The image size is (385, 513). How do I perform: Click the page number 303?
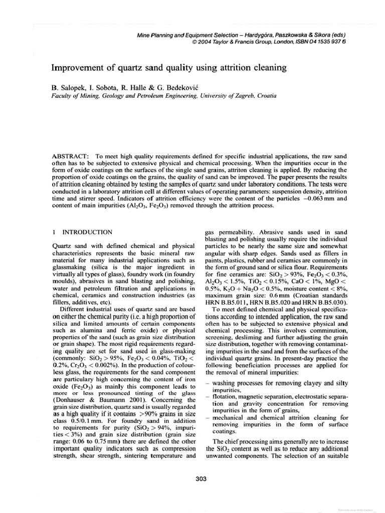tap(201, 479)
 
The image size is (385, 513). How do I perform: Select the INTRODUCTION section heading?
tap(87, 232)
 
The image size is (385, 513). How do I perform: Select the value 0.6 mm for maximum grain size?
tap(273, 293)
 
